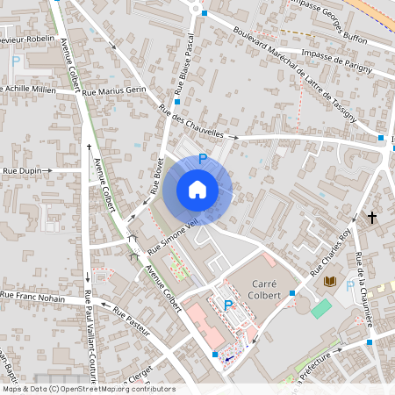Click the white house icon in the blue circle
(197, 190)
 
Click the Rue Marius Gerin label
(114, 91)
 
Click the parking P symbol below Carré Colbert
(228, 305)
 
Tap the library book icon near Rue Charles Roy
(330, 282)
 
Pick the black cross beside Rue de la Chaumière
(371, 217)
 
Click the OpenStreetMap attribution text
(88, 389)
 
